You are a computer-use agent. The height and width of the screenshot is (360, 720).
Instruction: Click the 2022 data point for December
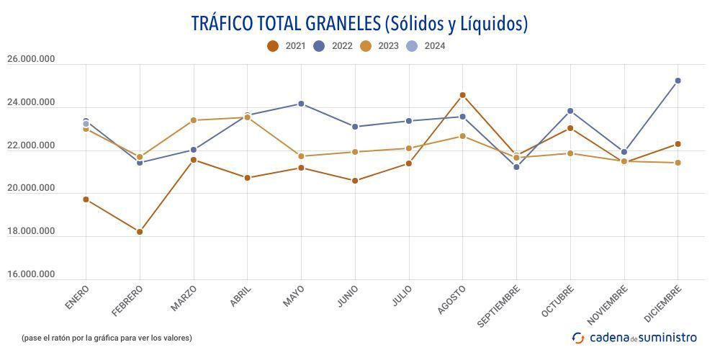click(x=678, y=81)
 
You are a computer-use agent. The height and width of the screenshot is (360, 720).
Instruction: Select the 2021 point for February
click(x=140, y=232)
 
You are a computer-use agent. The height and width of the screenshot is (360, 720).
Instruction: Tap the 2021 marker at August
click(x=462, y=95)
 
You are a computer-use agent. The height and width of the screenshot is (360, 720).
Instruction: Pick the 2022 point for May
click(x=301, y=104)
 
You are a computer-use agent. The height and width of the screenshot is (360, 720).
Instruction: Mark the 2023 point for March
click(x=194, y=120)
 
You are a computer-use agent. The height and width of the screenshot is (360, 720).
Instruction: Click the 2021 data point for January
click(x=86, y=199)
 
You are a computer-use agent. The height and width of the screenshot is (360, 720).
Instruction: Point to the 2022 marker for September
click(x=516, y=167)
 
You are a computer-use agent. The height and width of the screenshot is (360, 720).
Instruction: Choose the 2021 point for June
click(x=355, y=181)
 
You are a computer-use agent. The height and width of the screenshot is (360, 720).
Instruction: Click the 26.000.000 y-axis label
click(x=30, y=59)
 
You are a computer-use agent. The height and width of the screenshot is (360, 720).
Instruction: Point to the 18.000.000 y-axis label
click(x=30, y=231)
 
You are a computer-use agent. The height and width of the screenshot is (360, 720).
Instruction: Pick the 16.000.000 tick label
click(x=30, y=274)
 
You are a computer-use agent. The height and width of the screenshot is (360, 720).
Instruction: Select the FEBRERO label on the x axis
click(x=128, y=300)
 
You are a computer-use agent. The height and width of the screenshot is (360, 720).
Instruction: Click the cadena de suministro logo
click(x=634, y=337)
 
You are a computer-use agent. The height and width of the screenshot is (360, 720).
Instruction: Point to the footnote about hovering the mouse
click(x=107, y=338)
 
